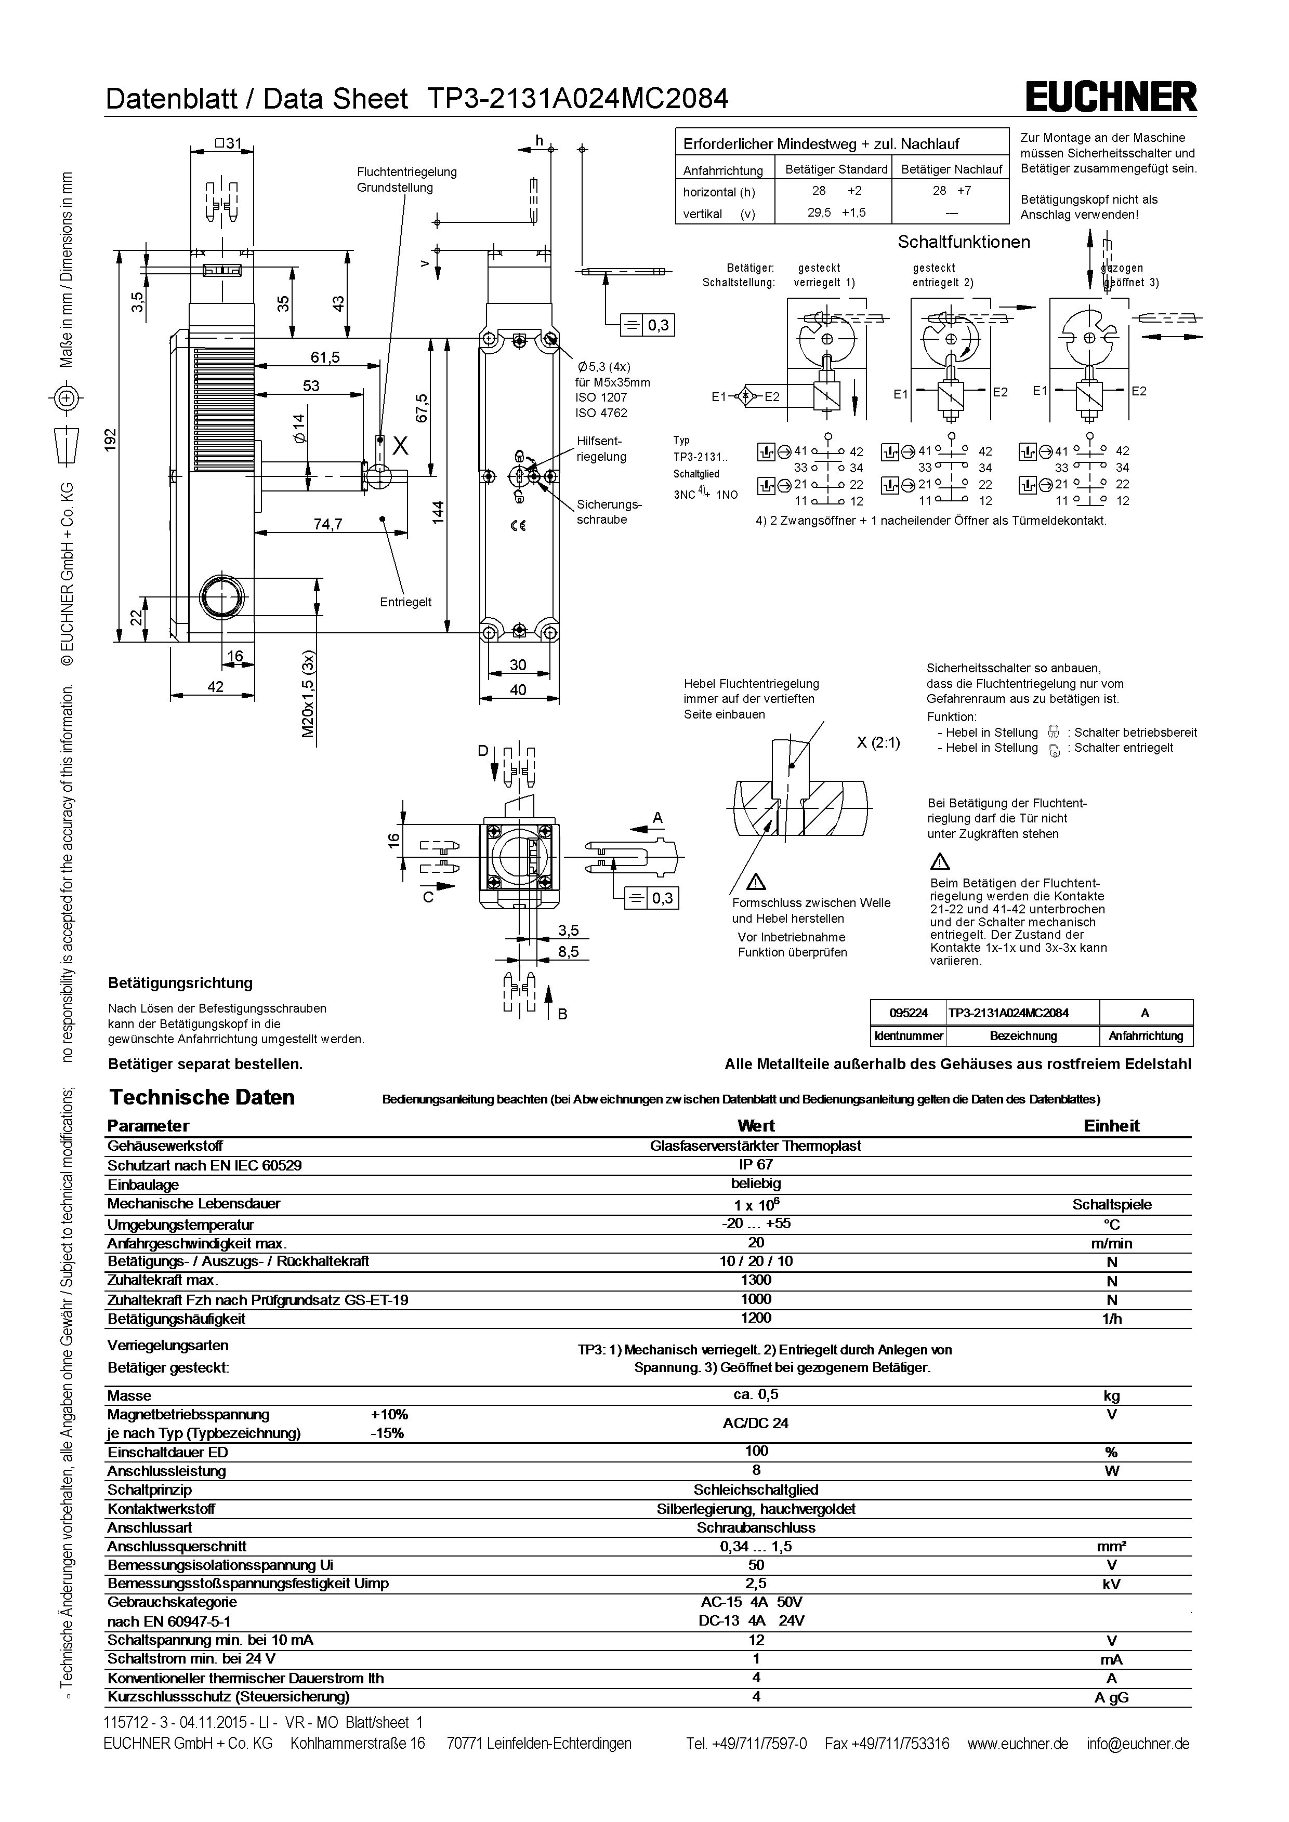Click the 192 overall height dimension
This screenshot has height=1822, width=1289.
[111, 441]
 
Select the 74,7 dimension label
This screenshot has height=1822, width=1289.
[327, 524]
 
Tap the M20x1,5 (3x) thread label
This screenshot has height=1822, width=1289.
[308, 695]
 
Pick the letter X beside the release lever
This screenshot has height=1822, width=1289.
[401, 447]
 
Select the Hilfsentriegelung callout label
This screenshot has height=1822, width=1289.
[601, 448]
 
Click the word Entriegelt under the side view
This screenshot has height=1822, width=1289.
[405, 602]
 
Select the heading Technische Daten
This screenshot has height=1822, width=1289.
[202, 1097]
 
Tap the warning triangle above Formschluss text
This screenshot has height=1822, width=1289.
[756, 881]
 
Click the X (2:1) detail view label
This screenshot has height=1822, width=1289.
[878, 743]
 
